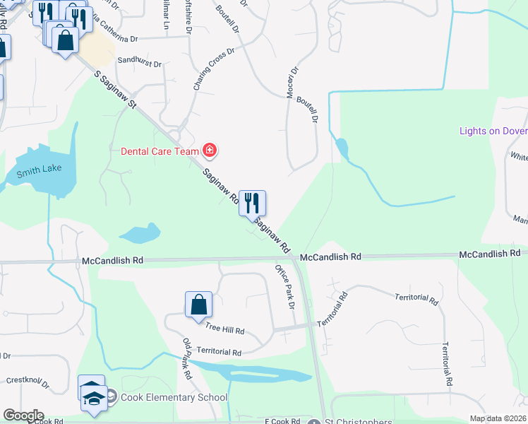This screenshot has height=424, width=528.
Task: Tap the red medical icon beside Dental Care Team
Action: click(x=210, y=150)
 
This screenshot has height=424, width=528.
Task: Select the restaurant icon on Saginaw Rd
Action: click(x=252, y=204)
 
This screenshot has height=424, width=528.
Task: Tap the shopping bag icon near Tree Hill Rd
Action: click(x=198, y=305)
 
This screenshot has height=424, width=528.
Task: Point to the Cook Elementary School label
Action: click(x=174, y=397)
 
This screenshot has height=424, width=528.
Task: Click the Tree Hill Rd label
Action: click(x=224, y=330)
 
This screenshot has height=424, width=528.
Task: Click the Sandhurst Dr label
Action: click(x=139, y=61)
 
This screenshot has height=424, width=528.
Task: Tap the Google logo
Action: click(x=23, y=416)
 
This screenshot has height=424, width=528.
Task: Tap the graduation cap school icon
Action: click(x=92, y=397)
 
